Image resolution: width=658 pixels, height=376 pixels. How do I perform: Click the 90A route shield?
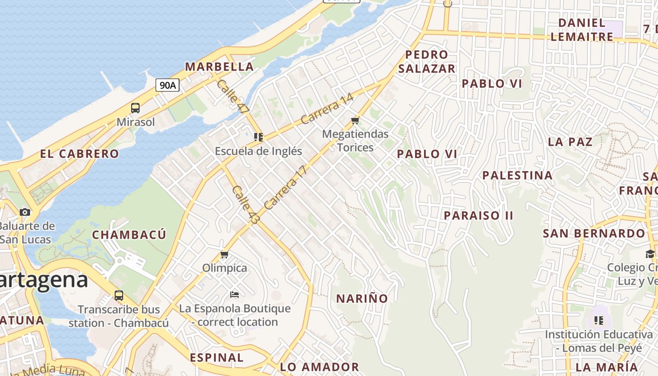pyautogui.click(x=168, y=85)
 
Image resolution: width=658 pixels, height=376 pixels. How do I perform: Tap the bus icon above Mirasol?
pyautogui.click(x=135, y=108)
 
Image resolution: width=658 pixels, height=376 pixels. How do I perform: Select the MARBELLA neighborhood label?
pyautogui.click(x=219, y=67)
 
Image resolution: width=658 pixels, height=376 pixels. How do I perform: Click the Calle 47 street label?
pyautogui.click(x=233, y=96)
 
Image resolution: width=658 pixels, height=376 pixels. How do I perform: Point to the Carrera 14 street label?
pyautogui.click(x=327, y=109)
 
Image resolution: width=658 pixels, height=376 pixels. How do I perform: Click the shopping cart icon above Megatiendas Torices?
pyautogui.click(x=355, y=121)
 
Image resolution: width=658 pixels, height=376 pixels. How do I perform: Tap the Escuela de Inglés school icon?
pyautogui.click(x=258, y=137)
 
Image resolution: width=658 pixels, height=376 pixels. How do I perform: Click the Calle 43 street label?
pyautogui.click(x=245, y=205)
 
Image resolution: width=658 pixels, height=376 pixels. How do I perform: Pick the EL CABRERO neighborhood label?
pyautogui.click(x=79, y=154)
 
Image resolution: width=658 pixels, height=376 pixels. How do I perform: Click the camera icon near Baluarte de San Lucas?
pyautogui.click(x=25, y=212)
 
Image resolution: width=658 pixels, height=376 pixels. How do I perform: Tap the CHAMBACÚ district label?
pyautogui.click(x=129, y=235)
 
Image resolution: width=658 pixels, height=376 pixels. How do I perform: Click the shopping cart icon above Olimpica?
pyautogui.click(x=225, y=255)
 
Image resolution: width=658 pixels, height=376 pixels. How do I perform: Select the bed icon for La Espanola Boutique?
pyautogui.click(x=235, y=295)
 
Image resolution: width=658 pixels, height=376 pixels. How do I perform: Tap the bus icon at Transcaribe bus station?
pyautogui.click(x=119, y=296)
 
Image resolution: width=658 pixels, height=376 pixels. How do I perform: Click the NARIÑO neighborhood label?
pyautogui.click(x=362, y=298)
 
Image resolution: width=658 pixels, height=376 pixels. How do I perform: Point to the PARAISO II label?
pyautogui.click(x=479, y=215)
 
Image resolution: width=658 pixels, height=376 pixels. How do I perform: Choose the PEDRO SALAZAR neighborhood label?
pyautogui.click(x=427, y=62)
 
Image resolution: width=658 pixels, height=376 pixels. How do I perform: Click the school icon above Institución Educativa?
pyautogui.click(x=599, y=321)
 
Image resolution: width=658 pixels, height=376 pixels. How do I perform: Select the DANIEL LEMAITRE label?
pyautogui.click(x=582, y=29)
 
